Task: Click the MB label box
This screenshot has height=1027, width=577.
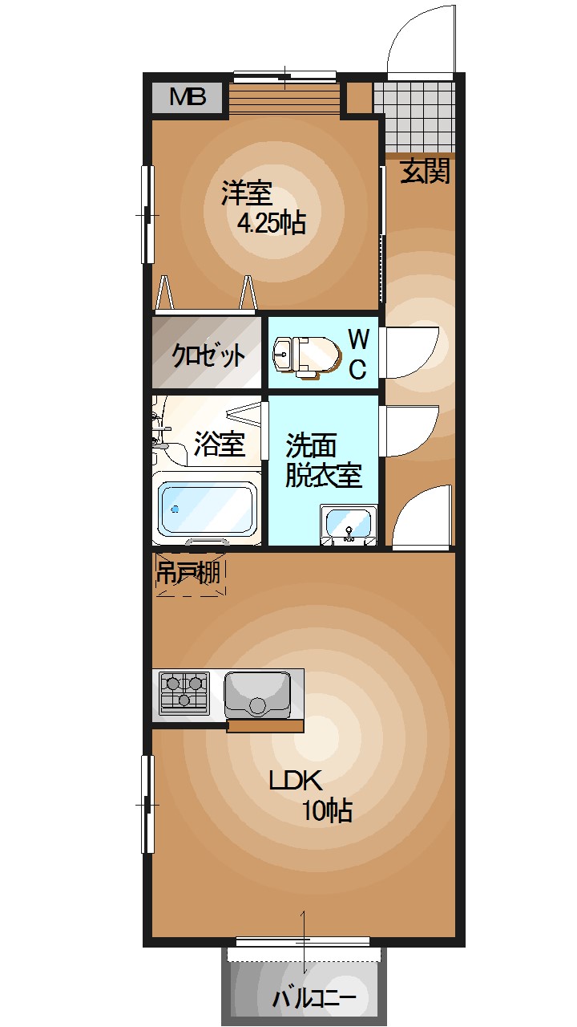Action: (x=188, y=98)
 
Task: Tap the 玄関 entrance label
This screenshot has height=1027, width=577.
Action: (x=425, y=172)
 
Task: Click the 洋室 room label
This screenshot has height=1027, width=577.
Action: (x=247, y=193)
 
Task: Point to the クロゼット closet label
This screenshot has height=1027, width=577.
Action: (x=208, y=355)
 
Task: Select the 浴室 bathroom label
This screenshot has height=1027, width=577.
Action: (x=219, y=444)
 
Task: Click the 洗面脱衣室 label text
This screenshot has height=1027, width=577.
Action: (x=324, y=461)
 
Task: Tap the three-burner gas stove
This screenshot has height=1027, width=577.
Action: (x=184, y=692)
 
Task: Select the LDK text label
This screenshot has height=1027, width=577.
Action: (x=294, y=781)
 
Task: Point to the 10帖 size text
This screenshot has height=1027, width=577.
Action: (x=327, y=811)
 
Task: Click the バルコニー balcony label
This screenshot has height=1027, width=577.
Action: (x=313, y=999)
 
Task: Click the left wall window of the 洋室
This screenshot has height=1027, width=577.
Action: (x=147, y=214)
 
